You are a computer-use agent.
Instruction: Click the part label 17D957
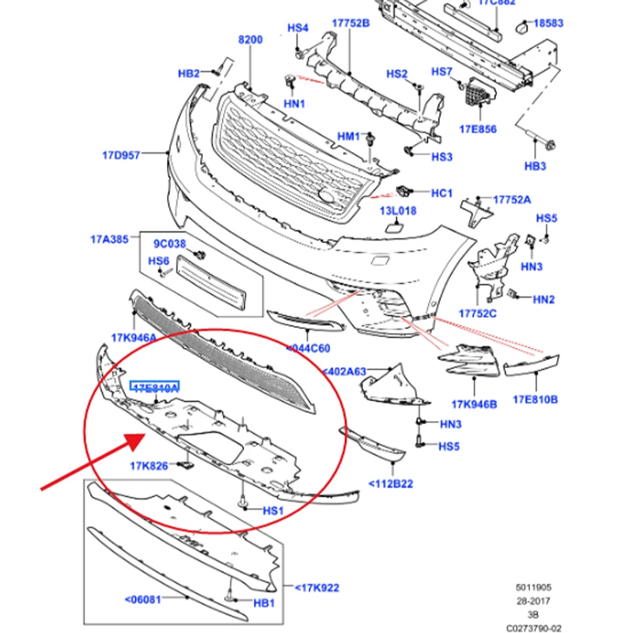121,156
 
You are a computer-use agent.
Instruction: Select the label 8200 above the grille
250,39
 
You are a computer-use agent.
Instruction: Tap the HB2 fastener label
188,74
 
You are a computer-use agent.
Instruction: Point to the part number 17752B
351,23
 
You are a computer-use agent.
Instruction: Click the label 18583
548,24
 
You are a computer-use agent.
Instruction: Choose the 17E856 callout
478,129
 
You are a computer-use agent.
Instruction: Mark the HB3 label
536,166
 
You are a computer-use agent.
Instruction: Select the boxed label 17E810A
155,388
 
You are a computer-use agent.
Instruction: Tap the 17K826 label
149,466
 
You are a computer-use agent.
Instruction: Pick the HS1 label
272,511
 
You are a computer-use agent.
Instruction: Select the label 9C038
169,244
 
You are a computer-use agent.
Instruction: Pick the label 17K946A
135,338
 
